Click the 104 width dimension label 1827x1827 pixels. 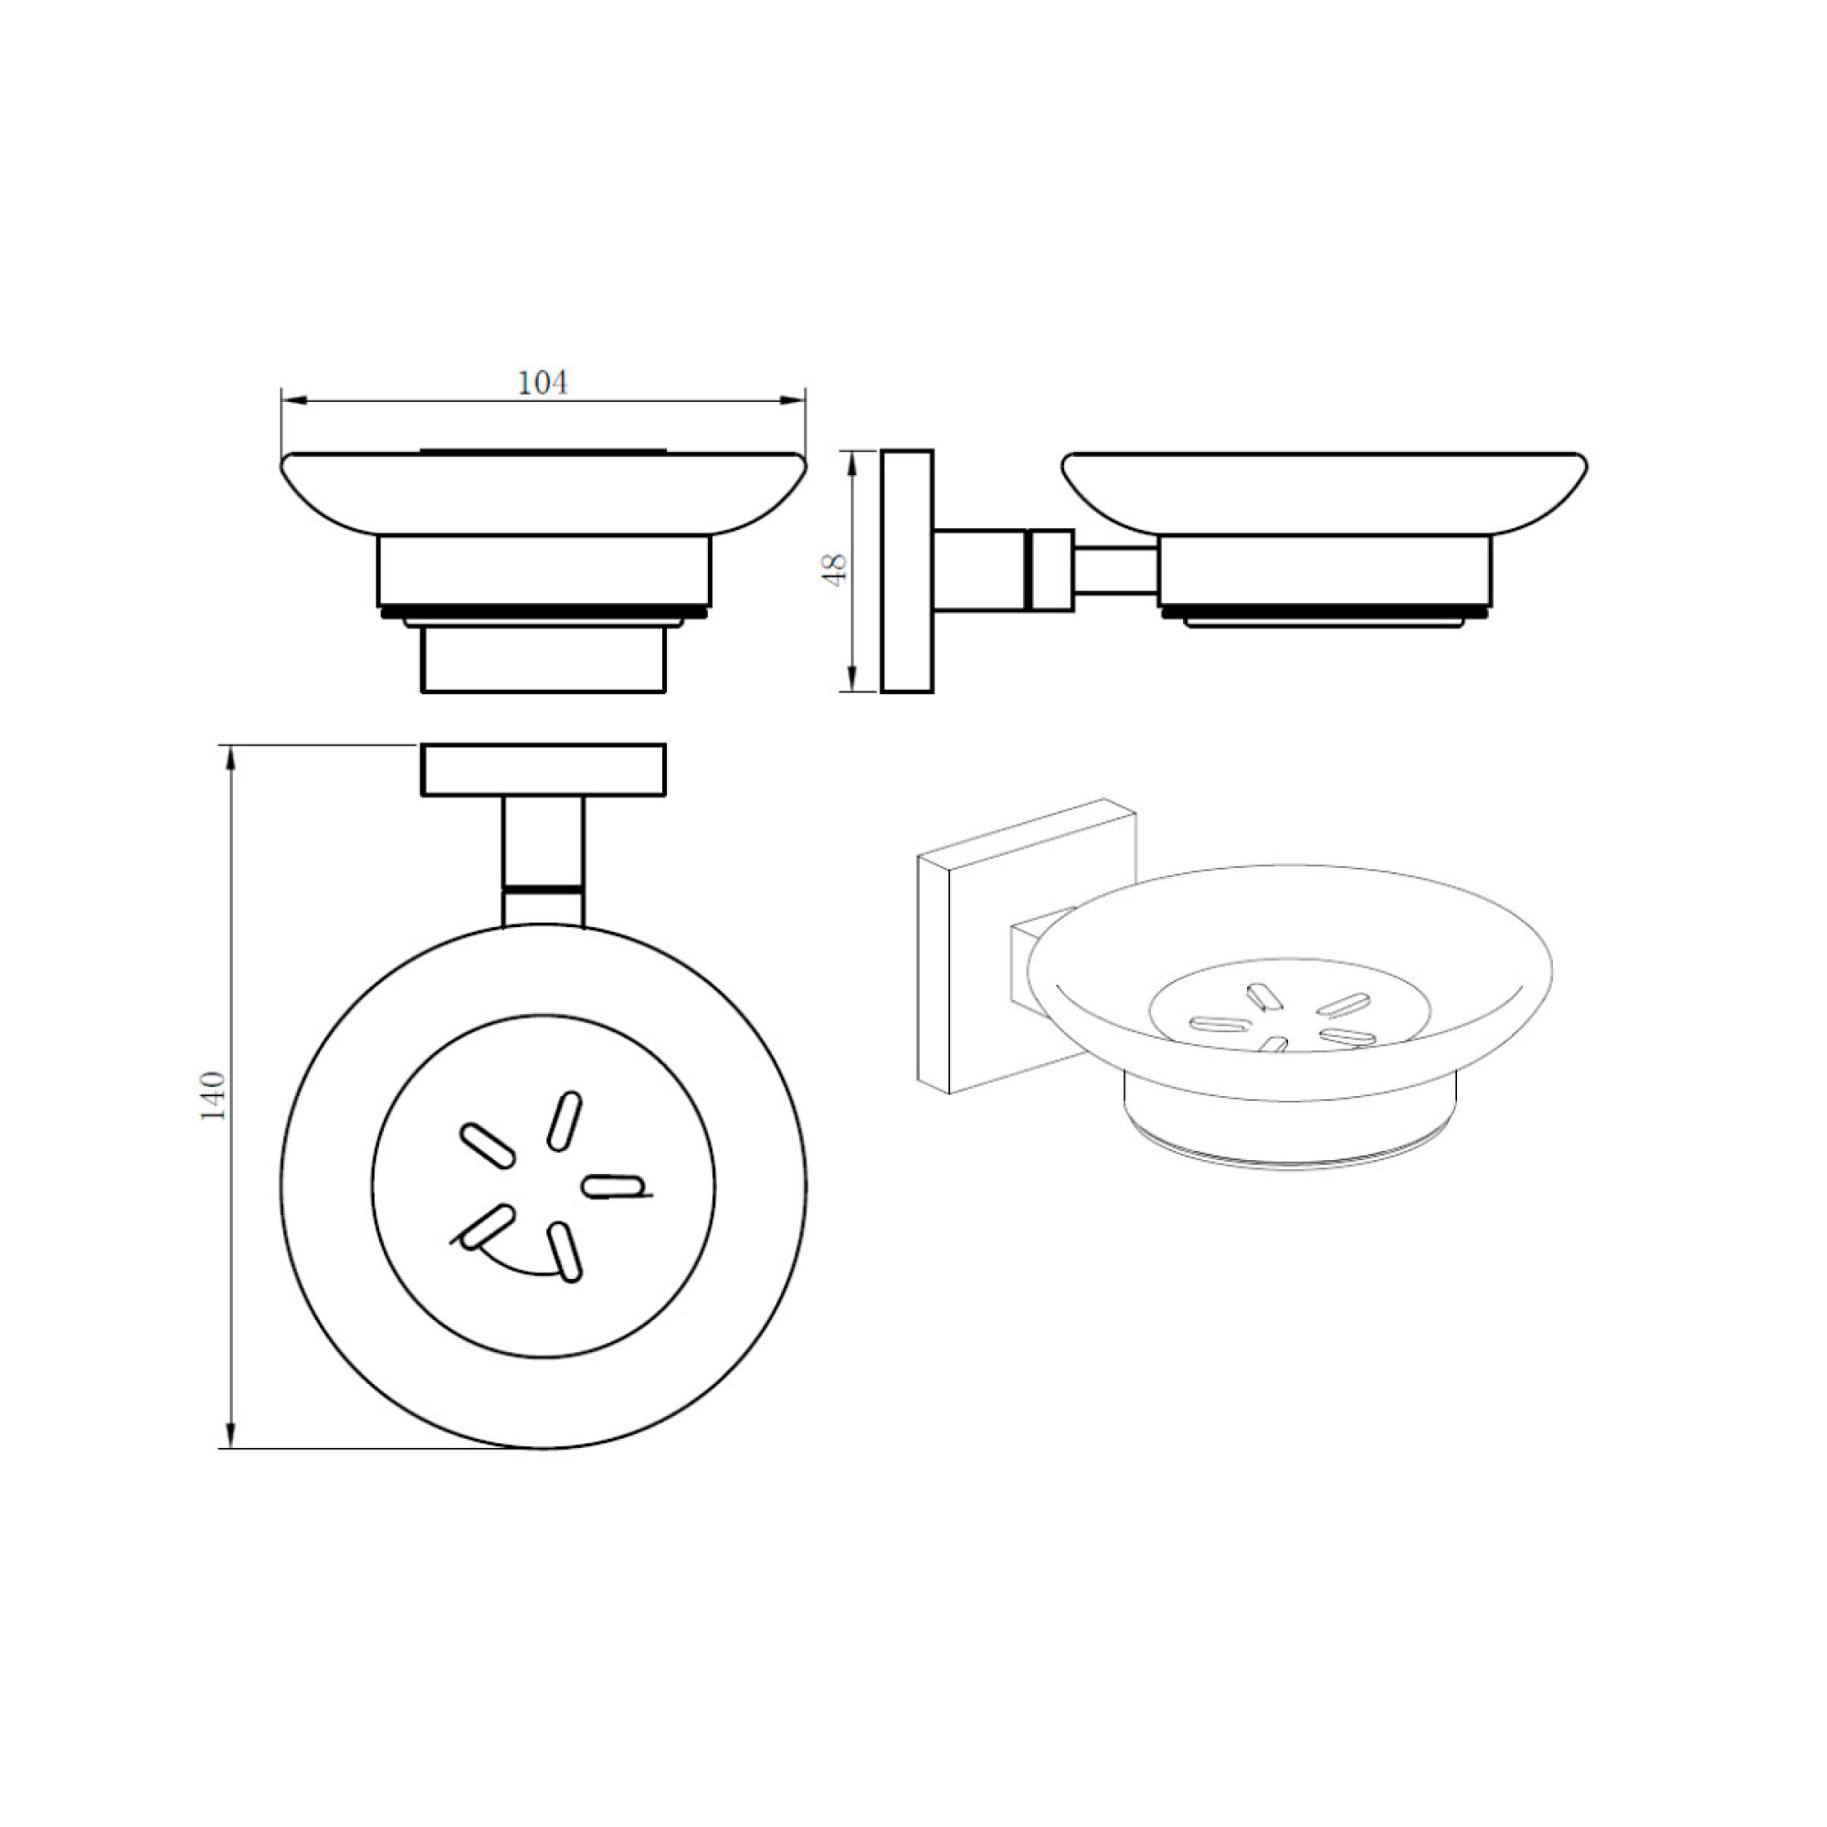click(x=543, y=383)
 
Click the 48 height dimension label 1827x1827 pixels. click(x=836, y=569)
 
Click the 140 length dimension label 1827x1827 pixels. click(x=215, y=1095)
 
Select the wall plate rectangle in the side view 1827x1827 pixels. click(x=907, y=571)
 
